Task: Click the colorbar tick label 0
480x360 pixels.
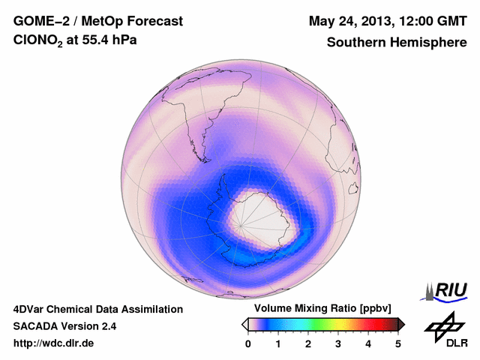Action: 248,343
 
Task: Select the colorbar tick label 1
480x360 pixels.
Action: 278,343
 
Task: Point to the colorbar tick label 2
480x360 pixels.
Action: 308,343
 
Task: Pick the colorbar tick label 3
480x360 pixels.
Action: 338,343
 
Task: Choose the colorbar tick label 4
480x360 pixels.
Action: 368,343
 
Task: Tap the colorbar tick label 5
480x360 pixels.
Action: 398,343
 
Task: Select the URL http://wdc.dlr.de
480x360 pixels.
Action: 54,343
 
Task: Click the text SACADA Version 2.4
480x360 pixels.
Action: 64,326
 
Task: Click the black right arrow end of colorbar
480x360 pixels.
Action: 401,324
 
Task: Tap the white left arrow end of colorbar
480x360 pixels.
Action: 244,324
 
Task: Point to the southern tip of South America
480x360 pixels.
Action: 203,158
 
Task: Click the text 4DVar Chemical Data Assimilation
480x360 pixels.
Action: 98,309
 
